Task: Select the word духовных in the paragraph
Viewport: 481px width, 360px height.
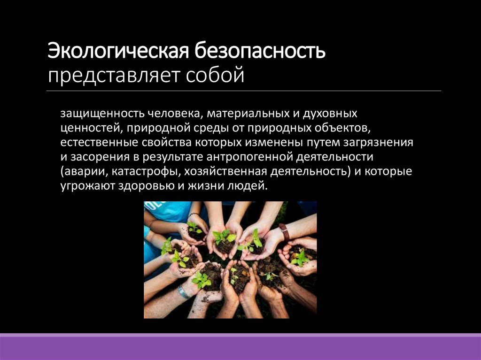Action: click(x=333, y=114)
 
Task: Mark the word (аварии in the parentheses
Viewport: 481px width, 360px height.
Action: click(x=78, y=171)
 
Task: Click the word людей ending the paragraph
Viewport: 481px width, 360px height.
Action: click(x=252, y=186)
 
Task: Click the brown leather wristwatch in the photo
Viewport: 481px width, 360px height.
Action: click(x=284, y=232)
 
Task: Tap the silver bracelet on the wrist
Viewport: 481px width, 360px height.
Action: click(x=183, y=292)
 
